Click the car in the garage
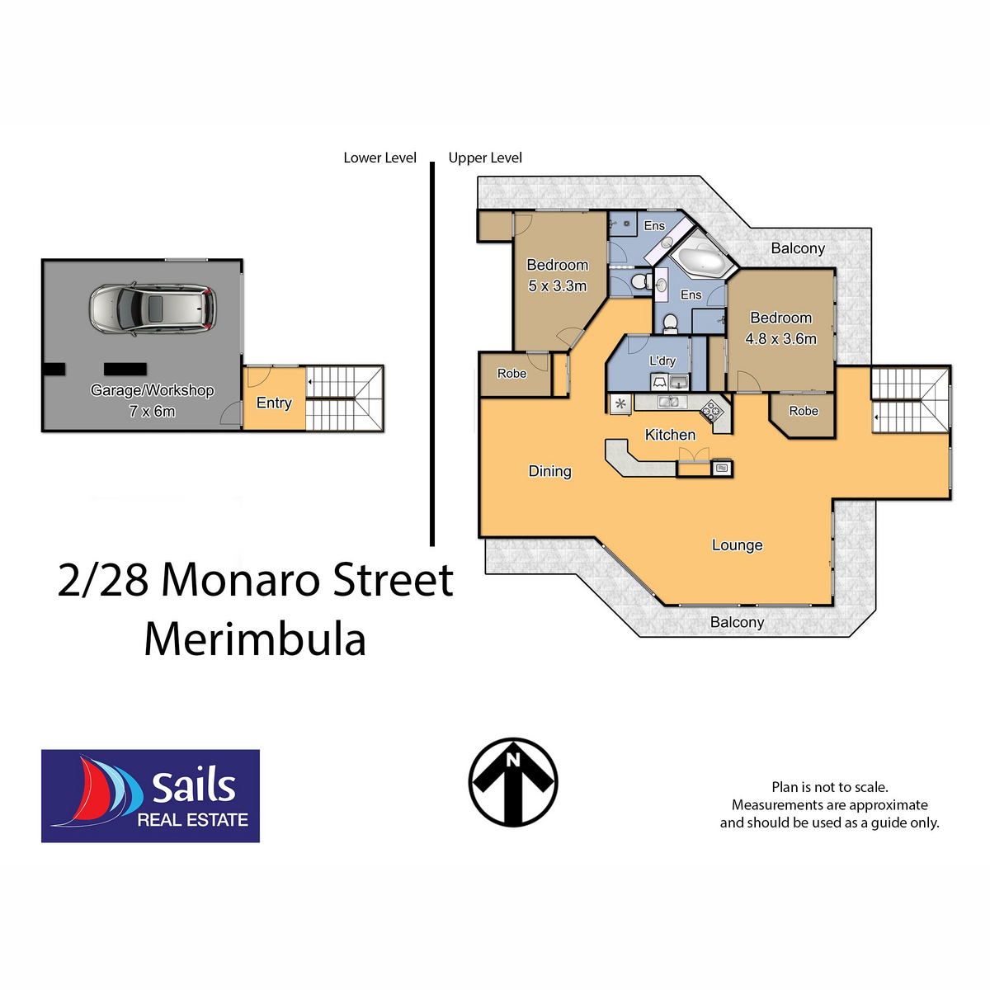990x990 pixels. click(x=153, y=308)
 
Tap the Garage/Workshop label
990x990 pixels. click(x=153, y=390)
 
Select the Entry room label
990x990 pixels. click(x=274, y=403)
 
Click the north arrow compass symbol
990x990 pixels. click(x=513, y=781)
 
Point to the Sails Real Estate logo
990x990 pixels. click(x=150, y=796)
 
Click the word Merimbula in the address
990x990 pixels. click(x=255, y=639)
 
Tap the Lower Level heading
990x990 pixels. click(x=379, y=158)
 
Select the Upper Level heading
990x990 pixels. click(x=485, y=158)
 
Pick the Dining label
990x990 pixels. click(x=550, y=471)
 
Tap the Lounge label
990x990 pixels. click(x=737, y=545)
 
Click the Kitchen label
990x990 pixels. click(x=670, y=435)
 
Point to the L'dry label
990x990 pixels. click(x=662, y=361)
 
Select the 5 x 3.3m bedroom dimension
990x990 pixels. click(x=558, y=286)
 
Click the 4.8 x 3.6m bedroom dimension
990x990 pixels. click(x=780, y=339)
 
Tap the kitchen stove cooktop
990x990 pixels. click(x=712, y=408)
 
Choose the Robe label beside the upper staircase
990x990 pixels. click(x=804, y=411)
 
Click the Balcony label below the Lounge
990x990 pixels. click(x=737, y=622)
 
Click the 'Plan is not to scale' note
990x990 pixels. click(x=829, y=787)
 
